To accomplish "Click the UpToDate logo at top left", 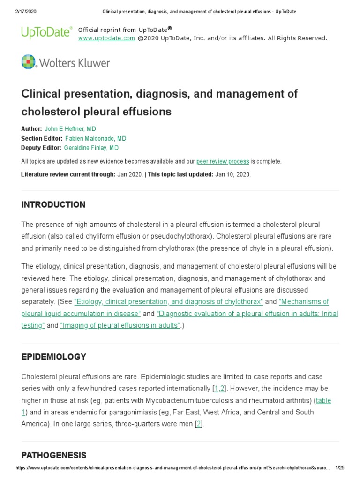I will pyautogui.click(x=46, y=32).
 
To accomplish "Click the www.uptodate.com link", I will pyautogui.click(x=106, y=38).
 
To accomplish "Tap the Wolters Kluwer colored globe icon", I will pyautogui.click(x=29, y=62).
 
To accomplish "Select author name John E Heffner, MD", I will pyautogui.click(x=70, y=129).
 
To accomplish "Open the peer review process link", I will pyautogui.click(x=223, y=161).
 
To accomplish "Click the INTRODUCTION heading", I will pyautogui.click(x=53, y=204).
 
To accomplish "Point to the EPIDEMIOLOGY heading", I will pyautogui.click(x=54, y=357).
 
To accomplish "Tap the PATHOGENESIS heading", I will pyautogui.click(x=54, y=455).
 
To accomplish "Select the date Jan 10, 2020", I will pyautogui.click(x=232, y=174).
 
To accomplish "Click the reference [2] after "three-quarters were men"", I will pyautogui.click(x=199, y=424).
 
